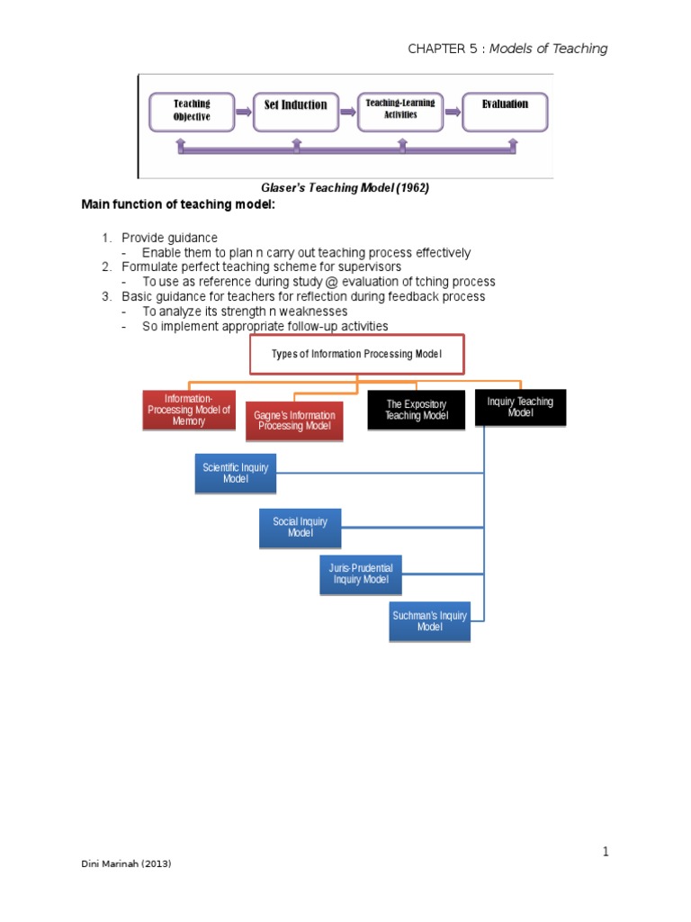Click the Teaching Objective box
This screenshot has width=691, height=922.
192,111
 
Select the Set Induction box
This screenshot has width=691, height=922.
295,106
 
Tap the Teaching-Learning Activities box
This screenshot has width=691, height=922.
399,109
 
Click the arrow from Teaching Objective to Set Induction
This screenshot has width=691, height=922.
242,112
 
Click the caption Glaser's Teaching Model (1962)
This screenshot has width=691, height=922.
345,187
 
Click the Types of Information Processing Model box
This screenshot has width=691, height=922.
356,355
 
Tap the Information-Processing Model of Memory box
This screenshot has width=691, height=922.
189,410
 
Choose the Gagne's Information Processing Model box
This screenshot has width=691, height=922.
294,420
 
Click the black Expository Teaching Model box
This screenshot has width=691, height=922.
416,411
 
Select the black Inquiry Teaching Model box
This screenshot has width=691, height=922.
520,407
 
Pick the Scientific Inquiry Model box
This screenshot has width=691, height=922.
237,474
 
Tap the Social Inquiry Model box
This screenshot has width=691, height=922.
301,528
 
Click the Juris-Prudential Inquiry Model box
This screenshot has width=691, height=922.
361,574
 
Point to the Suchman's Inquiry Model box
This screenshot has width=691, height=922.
429,621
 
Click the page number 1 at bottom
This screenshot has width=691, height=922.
606,852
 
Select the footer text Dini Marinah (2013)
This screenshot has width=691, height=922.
126,863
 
